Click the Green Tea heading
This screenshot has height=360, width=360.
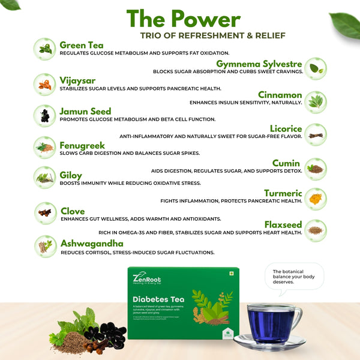82,45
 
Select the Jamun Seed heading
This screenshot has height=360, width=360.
85,112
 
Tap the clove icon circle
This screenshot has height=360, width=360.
44,212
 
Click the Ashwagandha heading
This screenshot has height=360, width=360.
92,244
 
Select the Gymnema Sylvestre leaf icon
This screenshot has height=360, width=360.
316,69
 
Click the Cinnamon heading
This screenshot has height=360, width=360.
280,95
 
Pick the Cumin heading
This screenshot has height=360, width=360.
286,163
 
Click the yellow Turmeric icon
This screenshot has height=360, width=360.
316,197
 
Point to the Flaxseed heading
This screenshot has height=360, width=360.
283,224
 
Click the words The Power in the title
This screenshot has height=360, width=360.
183,19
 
